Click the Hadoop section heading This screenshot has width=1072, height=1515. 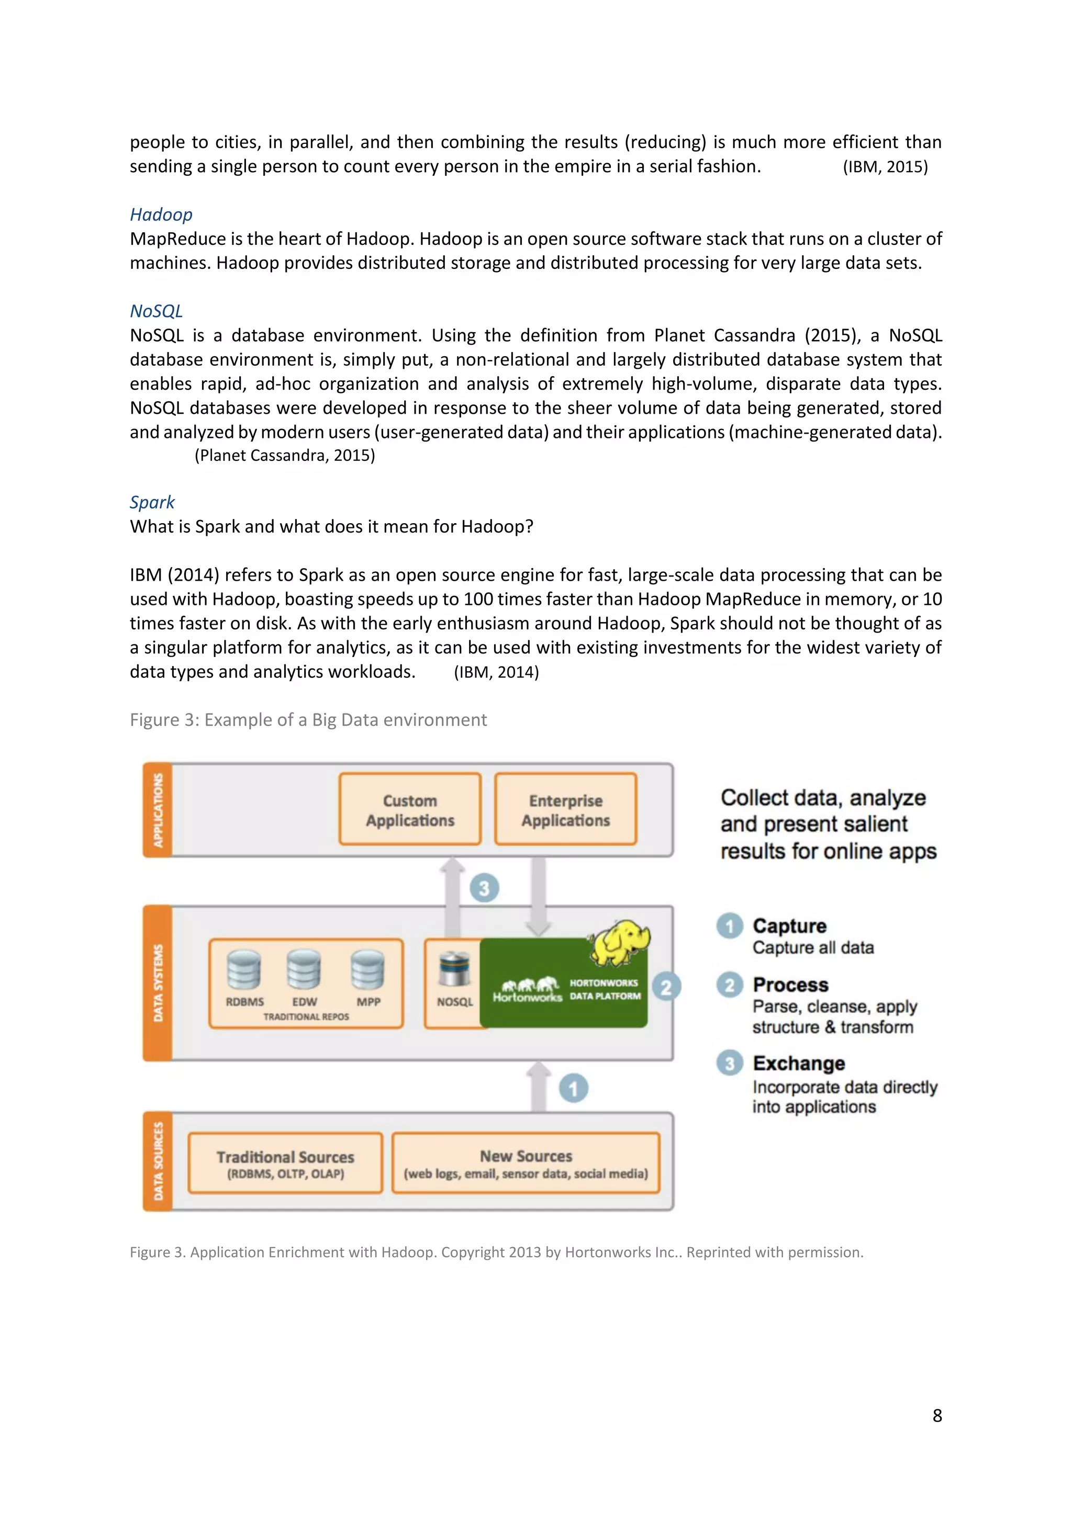pyautogui.click(x=161, y=214)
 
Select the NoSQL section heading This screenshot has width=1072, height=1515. pyautogui.click(x=156, y=311)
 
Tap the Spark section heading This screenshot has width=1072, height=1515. pyautogui.click(x=152, y=502)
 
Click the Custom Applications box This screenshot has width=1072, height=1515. pyautogui.click(x=410, y=810)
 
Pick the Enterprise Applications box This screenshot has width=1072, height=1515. pyautogui.click(x=566, y=810)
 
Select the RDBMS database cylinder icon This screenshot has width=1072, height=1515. pyautogui.click(x=243, y=970)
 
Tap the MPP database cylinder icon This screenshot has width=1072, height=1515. pyautogui.click(x=367, y=970)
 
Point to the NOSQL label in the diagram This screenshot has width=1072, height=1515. pyautogui.click(x=455, y=1002)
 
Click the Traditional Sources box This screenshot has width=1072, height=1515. pyautogui.click(x=285, y=1163)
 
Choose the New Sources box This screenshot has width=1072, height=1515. pyautogui.click(x=526, y=1163)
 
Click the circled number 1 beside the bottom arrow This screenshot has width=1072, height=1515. pyautogui.click(x=573, y=1088)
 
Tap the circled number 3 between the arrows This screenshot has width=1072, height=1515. pyautogui.click(x=484, y=888)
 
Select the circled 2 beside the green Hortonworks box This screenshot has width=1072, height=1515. pyautogui.click(x=666, y=987)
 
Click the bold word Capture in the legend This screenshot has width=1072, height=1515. pyautogui.click(x=789, y=926)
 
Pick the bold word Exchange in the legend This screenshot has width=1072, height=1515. pyautogui.click(x=799, y=1063)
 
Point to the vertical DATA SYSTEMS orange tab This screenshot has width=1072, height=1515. pyautogui.click(x=158, y=983)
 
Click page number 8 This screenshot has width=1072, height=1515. pyautogui.click(x=936, y=1416)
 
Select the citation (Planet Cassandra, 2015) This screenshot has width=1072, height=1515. pyautogui.click(x=285, y=455)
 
